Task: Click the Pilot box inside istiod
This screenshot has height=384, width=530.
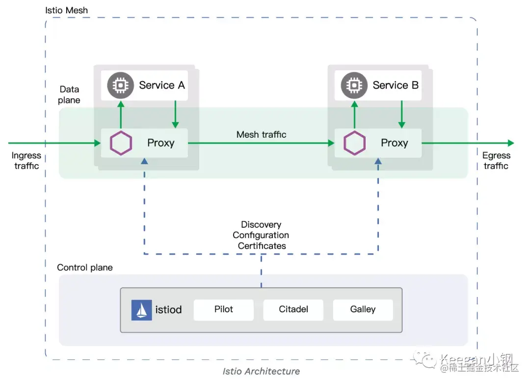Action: (x=224, y=310)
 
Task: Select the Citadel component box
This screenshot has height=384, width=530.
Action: (x=293, y=310)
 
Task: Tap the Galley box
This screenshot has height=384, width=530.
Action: (x=363, y=310)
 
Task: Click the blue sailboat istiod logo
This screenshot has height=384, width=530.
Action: (x=141, y=310)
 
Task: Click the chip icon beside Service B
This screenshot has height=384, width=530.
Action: (x=354, y=86)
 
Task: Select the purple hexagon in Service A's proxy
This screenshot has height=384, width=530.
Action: (x=120, y=143)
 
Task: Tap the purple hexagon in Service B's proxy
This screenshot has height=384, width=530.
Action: (x=354, y=143)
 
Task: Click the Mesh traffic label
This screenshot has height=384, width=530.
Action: (x=261, y=134)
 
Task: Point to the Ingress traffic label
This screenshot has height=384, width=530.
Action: (x=26, y=161)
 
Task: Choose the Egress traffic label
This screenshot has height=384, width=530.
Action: (x=496, y=161)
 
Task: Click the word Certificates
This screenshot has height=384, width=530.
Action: (x=262, y=246)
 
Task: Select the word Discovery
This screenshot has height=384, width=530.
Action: (x=261, y=225)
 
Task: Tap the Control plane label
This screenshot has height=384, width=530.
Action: (x=85, y=267)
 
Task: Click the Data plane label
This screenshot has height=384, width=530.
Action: (x=69, y=95)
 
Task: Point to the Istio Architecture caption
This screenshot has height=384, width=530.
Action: (x=261, y=371)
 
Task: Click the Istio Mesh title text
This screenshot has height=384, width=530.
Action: (x=67, y=10)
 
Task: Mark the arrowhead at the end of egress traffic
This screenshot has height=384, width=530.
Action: (x=511, y=143)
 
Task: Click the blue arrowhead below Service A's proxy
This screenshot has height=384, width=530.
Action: (x=144, y=161)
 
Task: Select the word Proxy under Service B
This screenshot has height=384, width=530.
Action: (x=394, y=143)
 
